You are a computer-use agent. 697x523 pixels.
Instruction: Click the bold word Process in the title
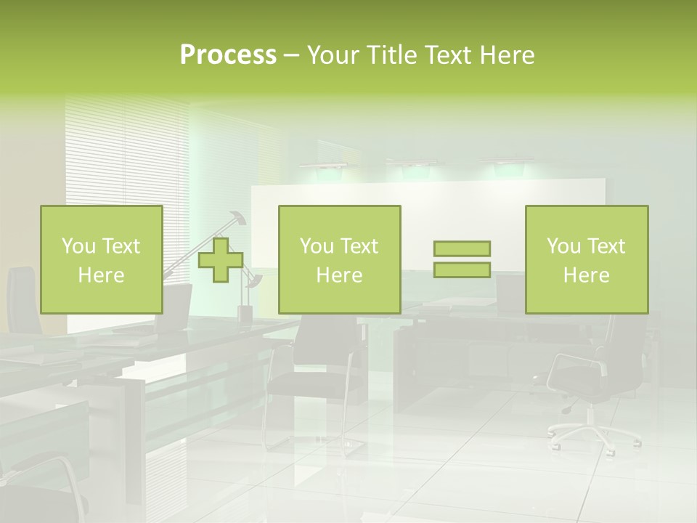[x=228, y=55]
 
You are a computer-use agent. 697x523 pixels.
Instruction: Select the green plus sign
[x=221, y=259]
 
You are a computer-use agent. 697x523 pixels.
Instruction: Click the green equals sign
[x=462, y=259]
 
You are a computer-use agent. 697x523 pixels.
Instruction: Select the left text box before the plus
[x=101, y=259]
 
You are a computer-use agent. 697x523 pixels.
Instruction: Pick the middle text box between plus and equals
[x=339, y=259]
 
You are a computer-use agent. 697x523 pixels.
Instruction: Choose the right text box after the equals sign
[x=586, y=259]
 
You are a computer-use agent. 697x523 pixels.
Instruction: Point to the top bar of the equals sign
[x=462, y=248]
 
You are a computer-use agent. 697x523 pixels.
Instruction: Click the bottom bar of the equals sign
[x=462, y=269]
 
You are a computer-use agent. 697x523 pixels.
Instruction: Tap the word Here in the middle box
[x=339, y=275]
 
